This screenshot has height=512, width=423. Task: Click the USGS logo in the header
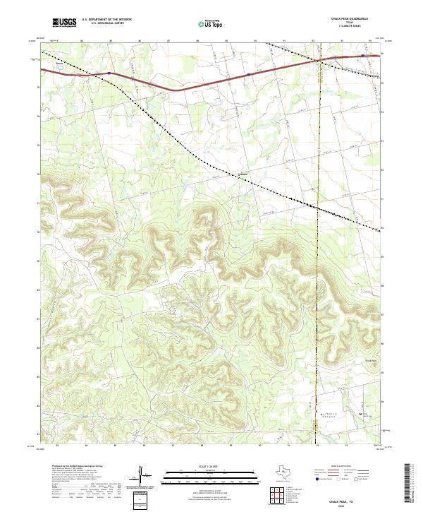[x=64, y=23]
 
